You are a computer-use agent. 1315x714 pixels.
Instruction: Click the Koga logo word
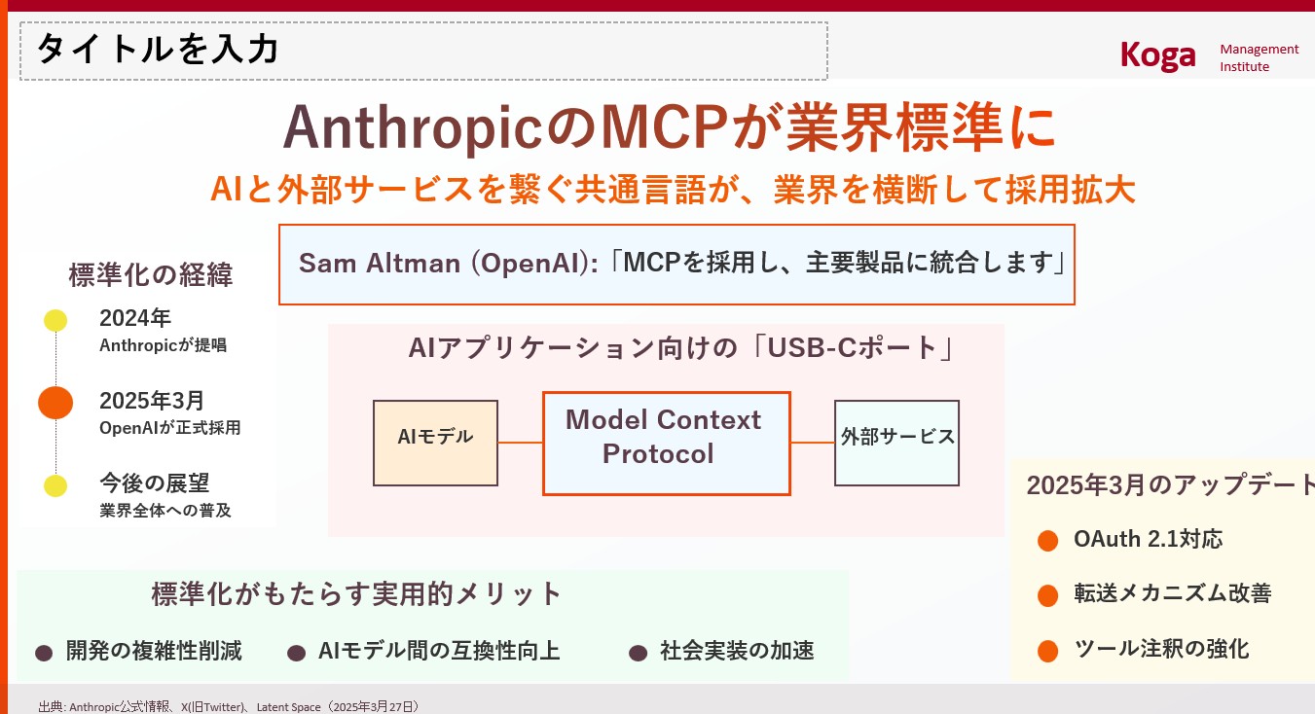click(1157, 56)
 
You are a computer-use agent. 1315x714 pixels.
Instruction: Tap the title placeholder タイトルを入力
click(158, 49)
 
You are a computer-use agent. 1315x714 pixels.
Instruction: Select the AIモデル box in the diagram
click(436, 443)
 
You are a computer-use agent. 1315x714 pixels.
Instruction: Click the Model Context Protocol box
click(667, 444)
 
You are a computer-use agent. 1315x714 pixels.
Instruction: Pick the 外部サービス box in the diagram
click(897, 443)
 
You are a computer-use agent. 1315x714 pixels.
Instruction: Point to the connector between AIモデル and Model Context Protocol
click(520, 443)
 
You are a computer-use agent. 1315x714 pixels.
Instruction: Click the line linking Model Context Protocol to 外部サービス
click(813, 443)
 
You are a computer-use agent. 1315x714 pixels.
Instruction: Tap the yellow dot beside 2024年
click(55, 320)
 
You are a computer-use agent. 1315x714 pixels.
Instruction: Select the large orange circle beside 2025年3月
click(55, 403)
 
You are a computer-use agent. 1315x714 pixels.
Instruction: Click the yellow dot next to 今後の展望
click(55, 485)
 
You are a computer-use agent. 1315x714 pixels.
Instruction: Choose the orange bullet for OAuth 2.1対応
click(1048, 541)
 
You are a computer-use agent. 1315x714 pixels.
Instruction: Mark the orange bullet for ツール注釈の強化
click(1048, 651)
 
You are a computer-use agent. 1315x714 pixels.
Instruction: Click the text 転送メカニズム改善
click(1173, 593)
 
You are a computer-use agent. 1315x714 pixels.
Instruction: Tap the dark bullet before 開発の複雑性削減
click(44, 653)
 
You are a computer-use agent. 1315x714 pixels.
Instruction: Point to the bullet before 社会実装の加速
click(639, 653)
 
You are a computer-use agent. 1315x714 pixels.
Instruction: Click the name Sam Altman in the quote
click(380, 263)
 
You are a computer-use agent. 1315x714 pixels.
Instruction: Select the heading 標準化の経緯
click(151, 274)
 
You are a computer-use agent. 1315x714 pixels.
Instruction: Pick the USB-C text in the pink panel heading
click(812, 348)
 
